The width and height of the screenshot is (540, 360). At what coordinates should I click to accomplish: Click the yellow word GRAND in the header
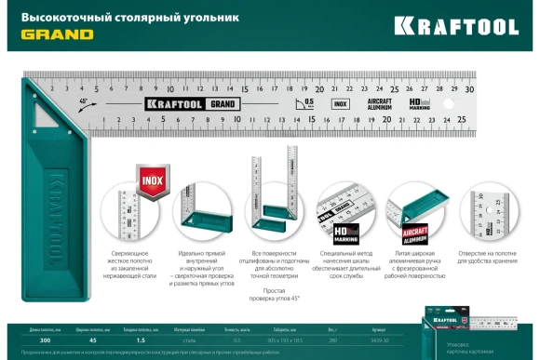tap(57, 34)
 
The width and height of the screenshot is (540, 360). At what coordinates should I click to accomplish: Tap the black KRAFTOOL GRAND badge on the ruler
tap(189, 104)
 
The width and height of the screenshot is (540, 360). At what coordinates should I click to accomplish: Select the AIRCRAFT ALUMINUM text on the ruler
tap(378, 103)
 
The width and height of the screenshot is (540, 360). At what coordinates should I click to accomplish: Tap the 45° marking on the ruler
tap(84, 100)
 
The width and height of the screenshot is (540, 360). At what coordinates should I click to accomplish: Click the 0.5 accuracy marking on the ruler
tap(308, 99)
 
